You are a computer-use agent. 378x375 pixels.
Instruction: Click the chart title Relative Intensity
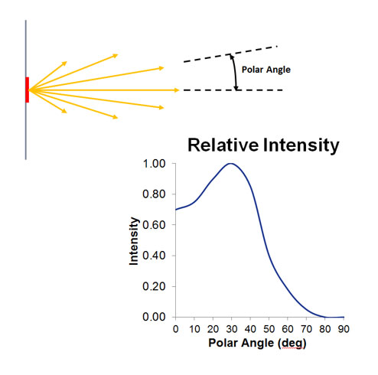pos(263,145)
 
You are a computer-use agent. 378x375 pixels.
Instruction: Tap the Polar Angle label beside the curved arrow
pos(266,70)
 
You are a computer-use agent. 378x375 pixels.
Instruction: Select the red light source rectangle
pos(28,90)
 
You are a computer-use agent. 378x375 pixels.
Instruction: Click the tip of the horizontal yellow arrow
pos(179,90)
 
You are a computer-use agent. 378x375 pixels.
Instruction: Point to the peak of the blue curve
pos(231,163)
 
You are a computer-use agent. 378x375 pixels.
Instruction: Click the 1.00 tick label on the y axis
pos(155,164)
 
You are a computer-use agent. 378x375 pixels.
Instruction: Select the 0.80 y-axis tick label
pos(155,194)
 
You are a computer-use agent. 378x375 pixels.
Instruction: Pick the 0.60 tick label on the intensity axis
pos(155,225)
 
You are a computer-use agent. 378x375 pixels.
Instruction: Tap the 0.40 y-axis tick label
pos(155,256)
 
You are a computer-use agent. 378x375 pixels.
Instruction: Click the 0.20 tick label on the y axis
pos(155,286)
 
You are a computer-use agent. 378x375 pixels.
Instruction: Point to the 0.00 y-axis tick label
pos(155,317)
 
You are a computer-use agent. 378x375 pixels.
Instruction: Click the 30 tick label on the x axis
pos(232,329)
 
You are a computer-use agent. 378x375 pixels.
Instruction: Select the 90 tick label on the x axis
pos(344,329)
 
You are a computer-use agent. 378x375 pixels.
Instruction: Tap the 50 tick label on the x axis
pos(269,329)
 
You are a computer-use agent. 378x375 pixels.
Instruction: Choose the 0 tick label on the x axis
pos(175,329)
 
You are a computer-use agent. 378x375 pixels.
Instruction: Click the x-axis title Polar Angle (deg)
pos(257,343)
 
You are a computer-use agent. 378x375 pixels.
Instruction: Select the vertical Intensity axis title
pos(134,241)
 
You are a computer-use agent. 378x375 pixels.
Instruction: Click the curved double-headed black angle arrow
pos(235,73)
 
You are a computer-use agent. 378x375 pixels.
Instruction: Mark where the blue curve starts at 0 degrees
pos(176,210)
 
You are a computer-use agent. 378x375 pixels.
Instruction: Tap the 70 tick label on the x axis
pos(306,329)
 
